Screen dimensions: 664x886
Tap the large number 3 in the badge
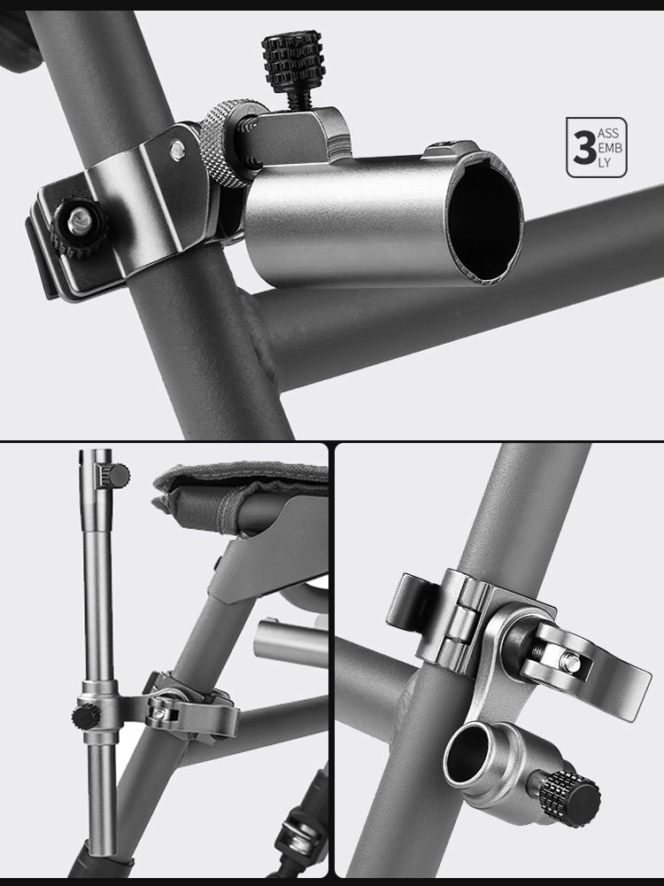click(583, 148)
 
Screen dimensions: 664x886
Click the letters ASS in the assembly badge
click(608, 134)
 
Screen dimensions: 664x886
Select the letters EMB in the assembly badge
click(610, 148)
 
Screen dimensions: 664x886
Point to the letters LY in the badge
click(604, 163)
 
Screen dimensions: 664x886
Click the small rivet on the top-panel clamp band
click(178, 151)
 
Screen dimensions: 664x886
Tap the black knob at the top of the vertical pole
click(119, 475)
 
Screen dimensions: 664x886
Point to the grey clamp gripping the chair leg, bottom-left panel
click(192, 709)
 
